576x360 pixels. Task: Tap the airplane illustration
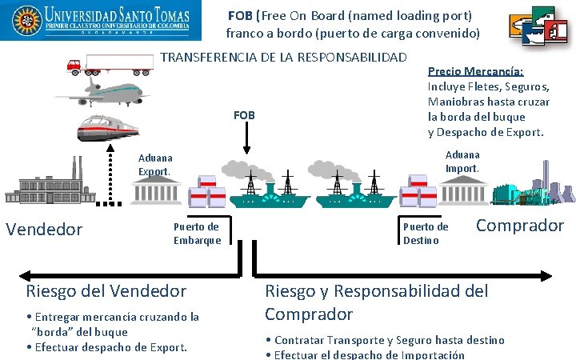(108, 90)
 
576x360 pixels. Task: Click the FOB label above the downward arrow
(244, 116)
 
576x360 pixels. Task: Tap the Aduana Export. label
(155, 165)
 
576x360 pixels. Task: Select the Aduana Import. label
(462, 161)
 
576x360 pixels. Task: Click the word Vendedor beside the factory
(44, 230)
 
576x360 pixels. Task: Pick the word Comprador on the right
(520, 226)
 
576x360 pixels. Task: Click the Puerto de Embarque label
(197, 234)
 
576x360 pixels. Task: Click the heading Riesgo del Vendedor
(106, 291)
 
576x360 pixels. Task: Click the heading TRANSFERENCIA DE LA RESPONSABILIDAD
(284, 57)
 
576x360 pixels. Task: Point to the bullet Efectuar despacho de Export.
(107, 347)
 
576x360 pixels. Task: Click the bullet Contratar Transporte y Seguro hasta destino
(384, 340)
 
